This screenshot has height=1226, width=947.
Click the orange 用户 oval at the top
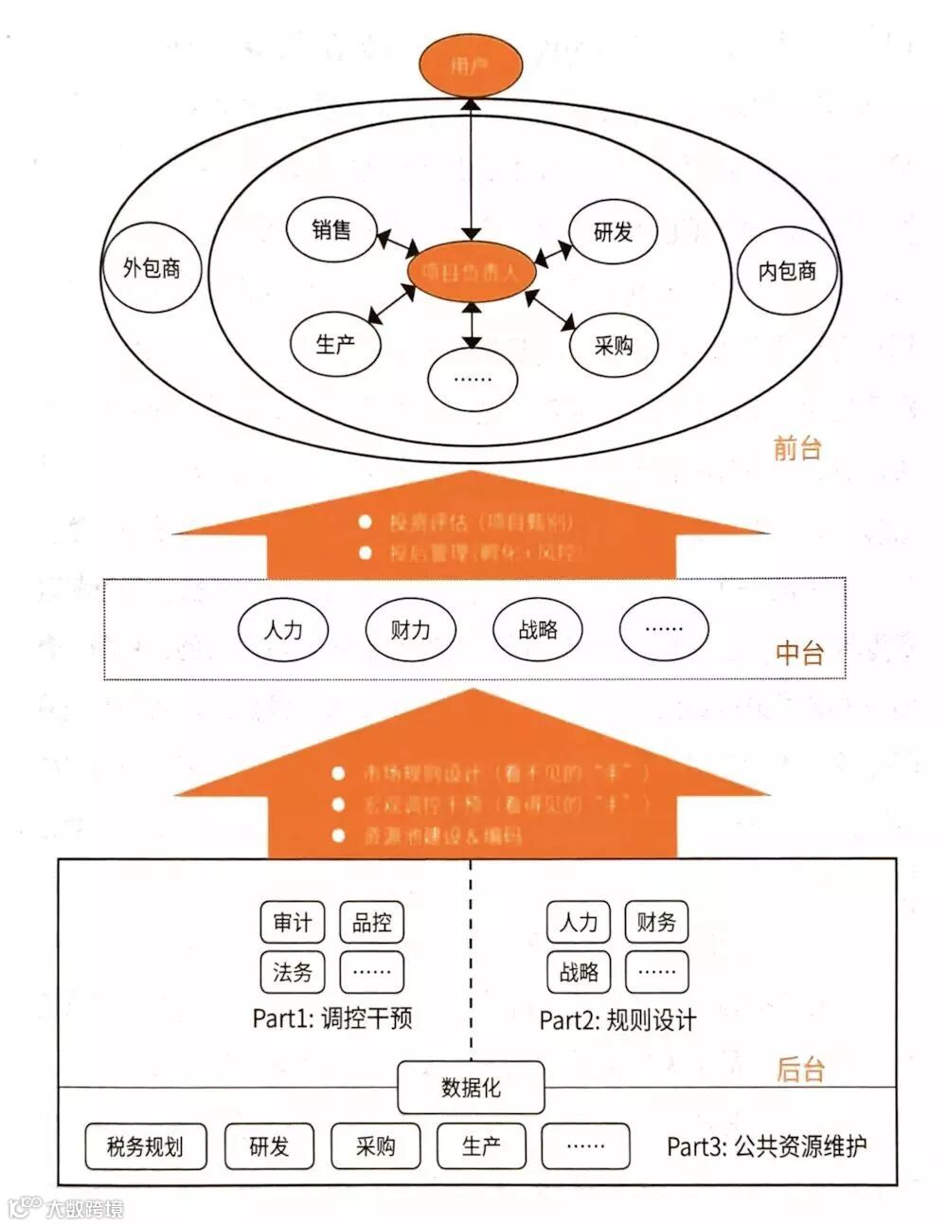471,65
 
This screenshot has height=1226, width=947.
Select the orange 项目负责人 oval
471,273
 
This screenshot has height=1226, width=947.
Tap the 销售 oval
331,230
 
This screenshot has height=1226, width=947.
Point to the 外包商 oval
152,268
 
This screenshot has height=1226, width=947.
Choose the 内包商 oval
787,271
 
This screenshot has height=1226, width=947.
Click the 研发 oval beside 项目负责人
613,231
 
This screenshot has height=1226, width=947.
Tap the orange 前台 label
797,448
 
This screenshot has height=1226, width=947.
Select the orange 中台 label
799,653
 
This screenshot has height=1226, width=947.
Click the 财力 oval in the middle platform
410,629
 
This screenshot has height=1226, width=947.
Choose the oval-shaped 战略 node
538,629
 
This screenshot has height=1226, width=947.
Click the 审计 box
293,922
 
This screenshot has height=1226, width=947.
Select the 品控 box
371,922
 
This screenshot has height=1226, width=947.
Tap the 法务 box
293,971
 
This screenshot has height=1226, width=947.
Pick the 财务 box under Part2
656,922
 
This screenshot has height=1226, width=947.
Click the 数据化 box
471,1087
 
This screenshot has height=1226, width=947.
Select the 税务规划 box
146,1146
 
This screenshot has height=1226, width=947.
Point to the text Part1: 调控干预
331,1019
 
